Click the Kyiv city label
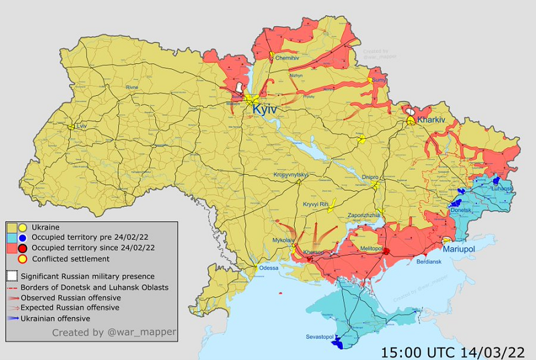tap(265, 110)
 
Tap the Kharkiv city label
tap(431, 120)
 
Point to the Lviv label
tap(82, 126)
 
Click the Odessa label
tap(269, 268)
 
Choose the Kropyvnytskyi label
tap(290, 175)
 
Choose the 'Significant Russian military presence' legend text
tap(88, 276)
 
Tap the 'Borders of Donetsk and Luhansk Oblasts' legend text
tap(94, 287)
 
